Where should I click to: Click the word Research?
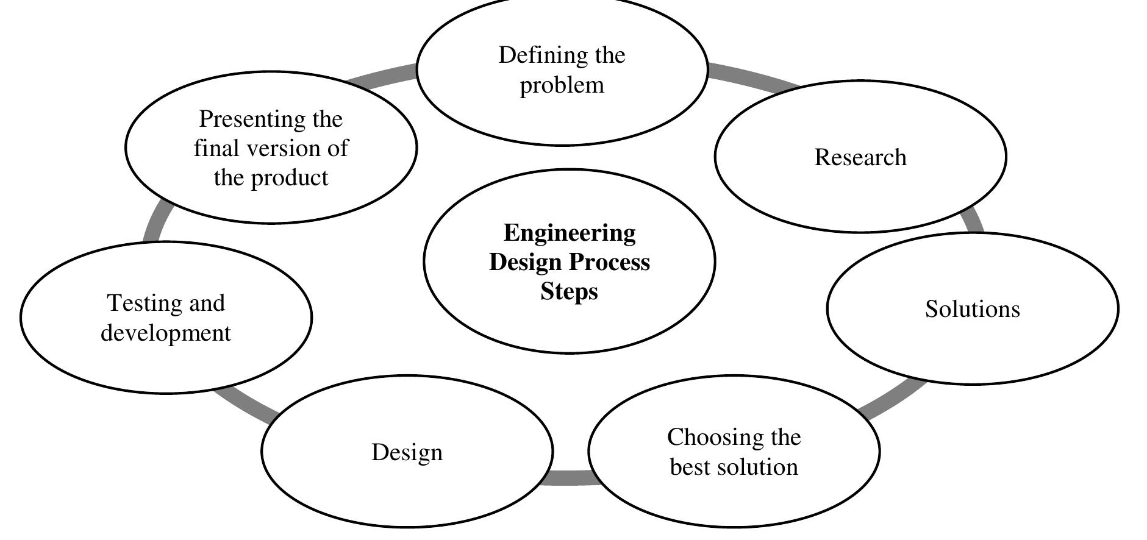tap(860, 157)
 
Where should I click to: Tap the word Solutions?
tap(972, 309)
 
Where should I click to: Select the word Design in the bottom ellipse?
tap(407, 452)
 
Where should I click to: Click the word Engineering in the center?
tap(570, 233)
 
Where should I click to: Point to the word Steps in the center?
tap(569, 291)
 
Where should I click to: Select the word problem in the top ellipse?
tap(562, 85)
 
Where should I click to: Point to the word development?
tap(166, 333)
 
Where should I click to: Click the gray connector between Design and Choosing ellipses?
tap(570, 478)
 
